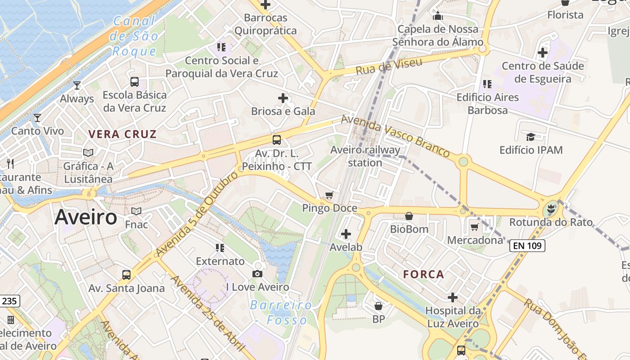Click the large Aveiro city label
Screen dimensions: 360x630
point(86,217)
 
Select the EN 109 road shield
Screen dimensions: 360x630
point(527,246)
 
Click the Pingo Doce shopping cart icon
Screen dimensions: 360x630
point(329,195)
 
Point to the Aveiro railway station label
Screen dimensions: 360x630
point(365,156)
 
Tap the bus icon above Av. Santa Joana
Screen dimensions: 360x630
point(126,274)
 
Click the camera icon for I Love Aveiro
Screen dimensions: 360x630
point(257,274)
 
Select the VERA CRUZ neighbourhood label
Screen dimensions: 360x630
point(122,134)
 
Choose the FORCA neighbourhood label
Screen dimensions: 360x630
point(423,274)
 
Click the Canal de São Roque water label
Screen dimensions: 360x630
point(134,36)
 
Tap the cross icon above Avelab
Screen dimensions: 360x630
point(346,234)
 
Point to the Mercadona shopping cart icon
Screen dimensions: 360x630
point(474,227)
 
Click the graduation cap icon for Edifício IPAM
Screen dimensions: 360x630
point(531,137)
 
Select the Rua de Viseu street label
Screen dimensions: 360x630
point(389,67)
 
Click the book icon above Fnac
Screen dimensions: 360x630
point(136,211)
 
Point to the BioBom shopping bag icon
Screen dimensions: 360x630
point(409,216)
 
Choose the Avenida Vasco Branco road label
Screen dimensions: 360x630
point(395,135)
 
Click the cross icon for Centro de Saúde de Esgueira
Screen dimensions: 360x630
point(543,53)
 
